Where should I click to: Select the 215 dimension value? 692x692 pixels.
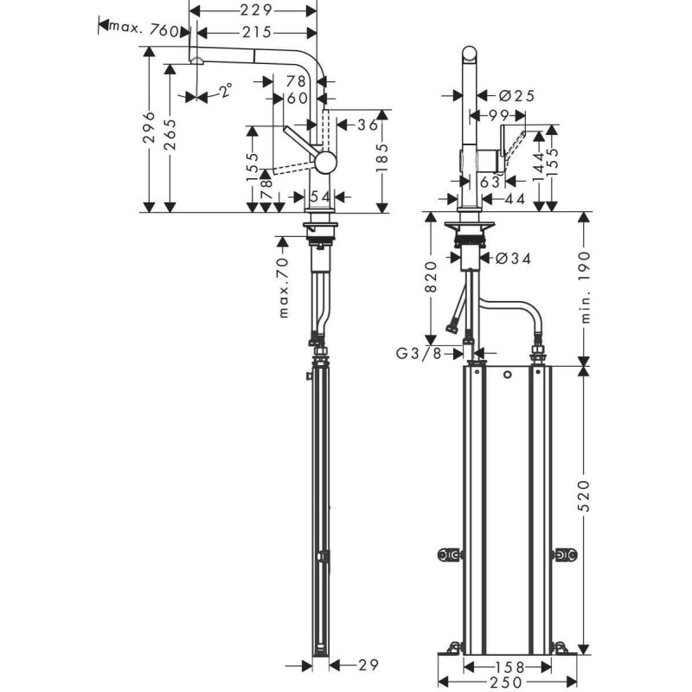click(x=254, y=32)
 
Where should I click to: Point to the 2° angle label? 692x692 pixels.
click(x=225, y=91)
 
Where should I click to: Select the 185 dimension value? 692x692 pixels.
click(x=381, y=158)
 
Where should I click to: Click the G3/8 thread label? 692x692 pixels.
click(x=418, y=353)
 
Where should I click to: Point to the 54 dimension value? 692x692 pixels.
click(x=320, y=197)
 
